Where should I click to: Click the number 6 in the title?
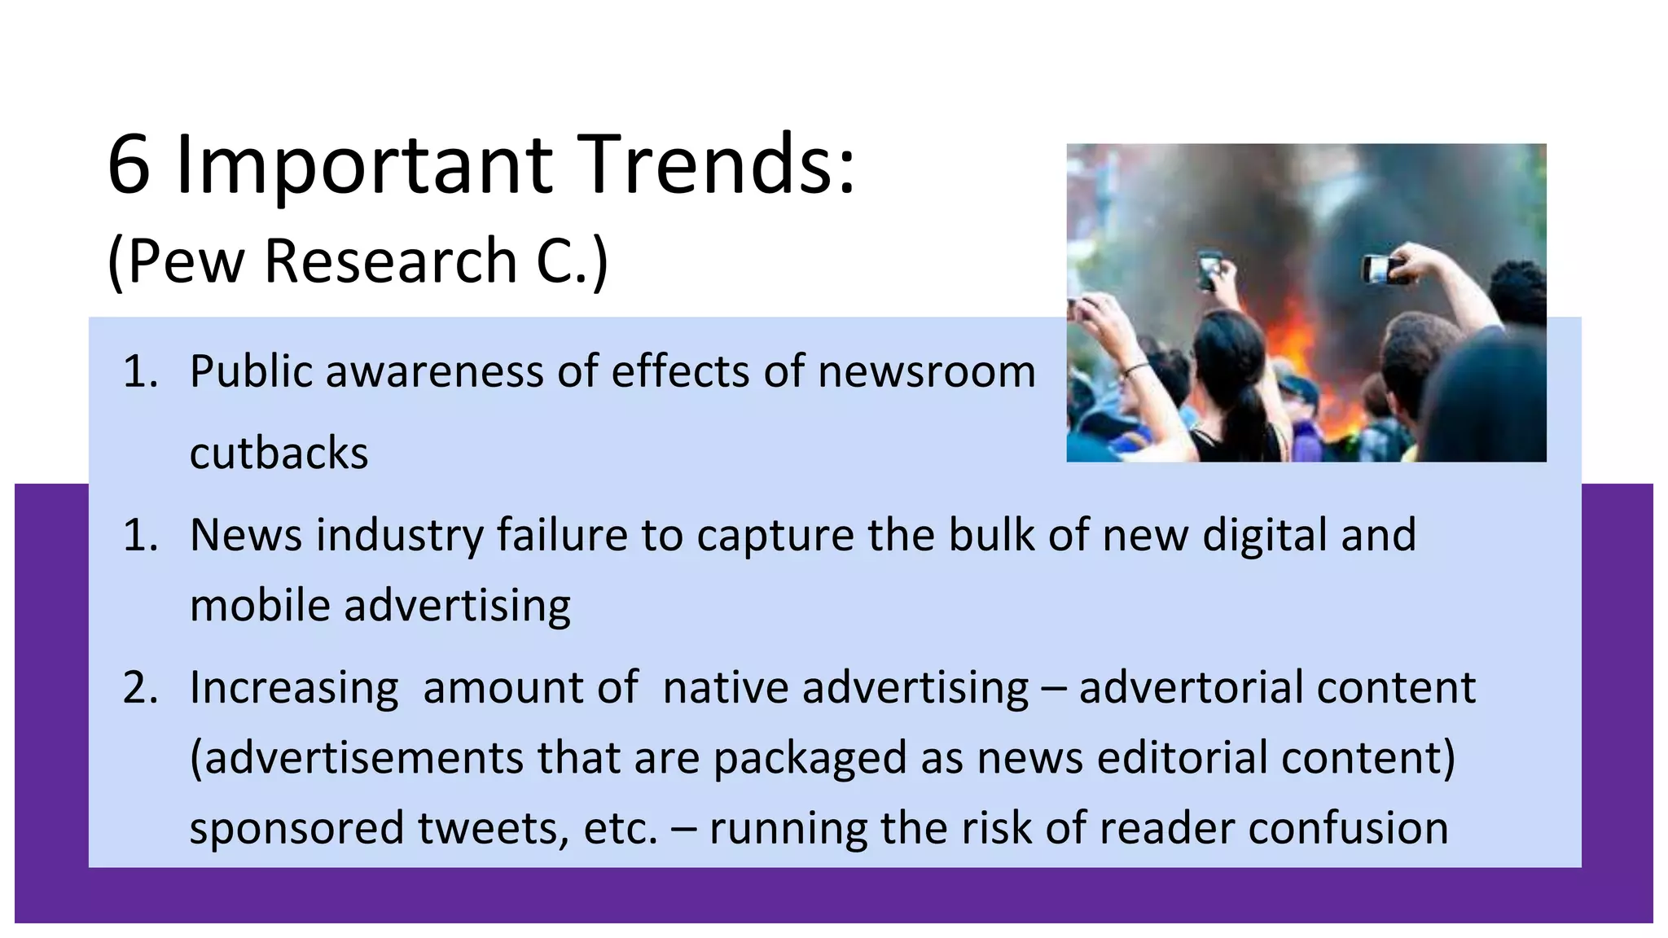click(x=129, y=165)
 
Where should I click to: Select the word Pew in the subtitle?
click(x=187, y=261)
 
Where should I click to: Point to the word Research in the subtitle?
click(x=391, y=261)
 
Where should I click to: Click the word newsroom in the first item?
click(x=926, y=372)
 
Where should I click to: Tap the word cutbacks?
click(x=279, y=454)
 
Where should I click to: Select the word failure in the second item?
click(x=562, y=535)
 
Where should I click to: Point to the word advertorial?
click(x=1189, y=687)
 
